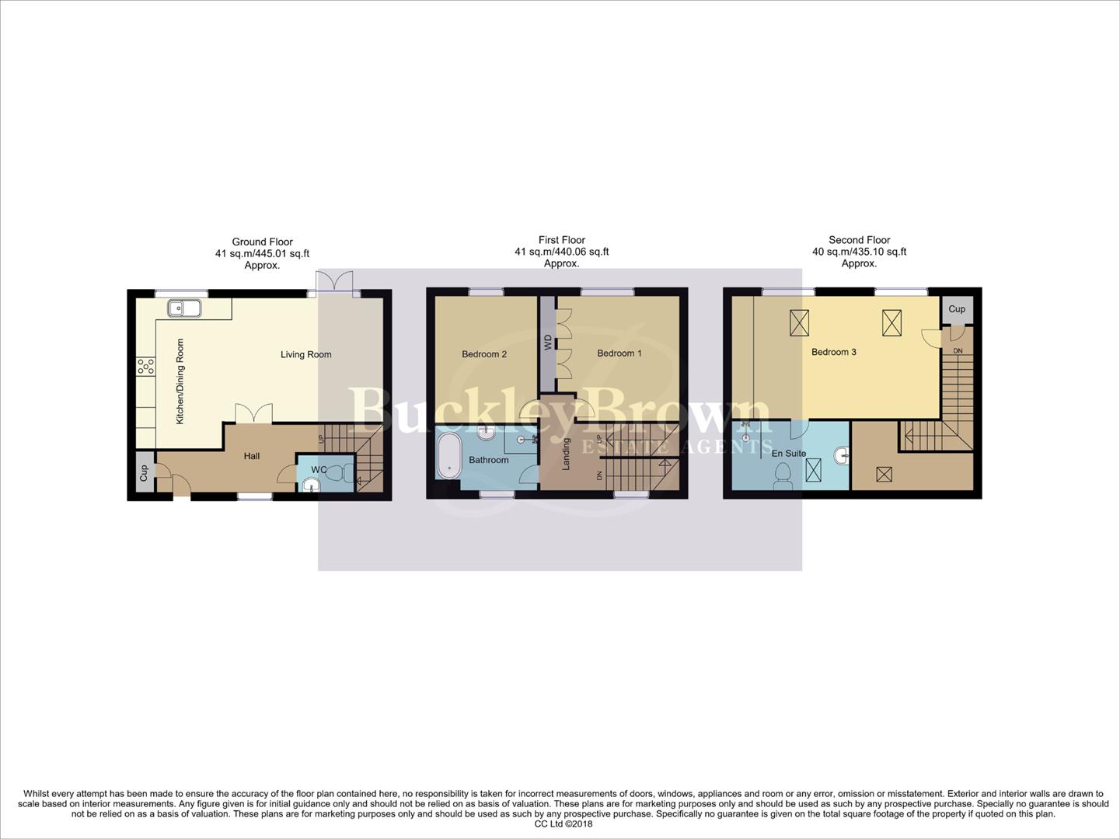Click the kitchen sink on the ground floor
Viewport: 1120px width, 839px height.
pyautogui.click(x=183, y=308)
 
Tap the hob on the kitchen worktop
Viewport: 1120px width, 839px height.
pyautogui.click(x=145, y=366)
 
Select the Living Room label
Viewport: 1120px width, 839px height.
pyautogui.click(x=305, y=354)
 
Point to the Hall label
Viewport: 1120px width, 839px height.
pyautogui.click(x=252, y=456)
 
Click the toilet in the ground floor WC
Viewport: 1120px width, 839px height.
pyautogui.click(x=335, y=473)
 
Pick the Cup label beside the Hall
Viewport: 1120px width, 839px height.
pyautogui.click(x=144, y=473)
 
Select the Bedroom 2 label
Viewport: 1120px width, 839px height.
pyautogui.click(x=483, y=354)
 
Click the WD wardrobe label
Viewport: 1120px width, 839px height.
pyautogui.click(x=548, y=342)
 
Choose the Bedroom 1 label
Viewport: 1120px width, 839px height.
pyautogui.click(x=619, y=353)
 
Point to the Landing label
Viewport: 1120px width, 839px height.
pyautogui.click(x=567, y=454)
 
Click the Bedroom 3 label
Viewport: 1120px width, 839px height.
pyautogui.click(x=833, y=352)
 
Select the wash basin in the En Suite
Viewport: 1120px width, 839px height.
pyautogui.click(x=841, y=455)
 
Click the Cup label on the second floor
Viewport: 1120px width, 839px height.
pyautogui.click(x=956, y=308)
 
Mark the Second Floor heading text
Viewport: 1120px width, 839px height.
pyautogui.click(x=859, y=240)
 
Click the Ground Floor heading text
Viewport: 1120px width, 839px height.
pyautogui.click(x=262, y=242)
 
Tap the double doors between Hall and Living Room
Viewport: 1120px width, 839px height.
pyautogui.click(x=254, y=414)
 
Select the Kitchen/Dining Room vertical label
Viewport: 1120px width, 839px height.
pyautogui.click(x=180, y=381)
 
